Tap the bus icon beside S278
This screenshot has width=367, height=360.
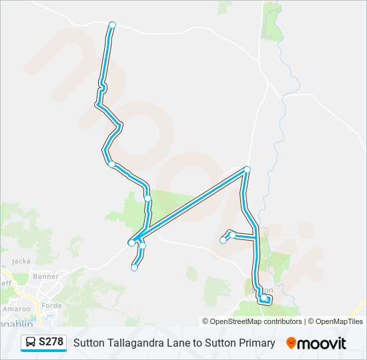(x=31, y=343)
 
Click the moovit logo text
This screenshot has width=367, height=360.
(x=322, y=343)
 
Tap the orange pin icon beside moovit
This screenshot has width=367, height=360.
(x=291, y=343)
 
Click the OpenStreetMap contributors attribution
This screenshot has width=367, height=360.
(x=256, y=321)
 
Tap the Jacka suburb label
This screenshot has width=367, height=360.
(x=21, y=261)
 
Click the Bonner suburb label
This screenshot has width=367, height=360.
(x=46, y=275)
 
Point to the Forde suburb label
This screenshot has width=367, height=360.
(x=52, y=306)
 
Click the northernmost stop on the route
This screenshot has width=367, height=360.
(x=112, y=25)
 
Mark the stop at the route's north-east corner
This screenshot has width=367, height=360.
(x=248, y=169)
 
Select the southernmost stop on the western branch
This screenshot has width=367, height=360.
(x=135, y=268)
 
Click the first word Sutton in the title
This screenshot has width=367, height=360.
(x=89, y=343)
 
